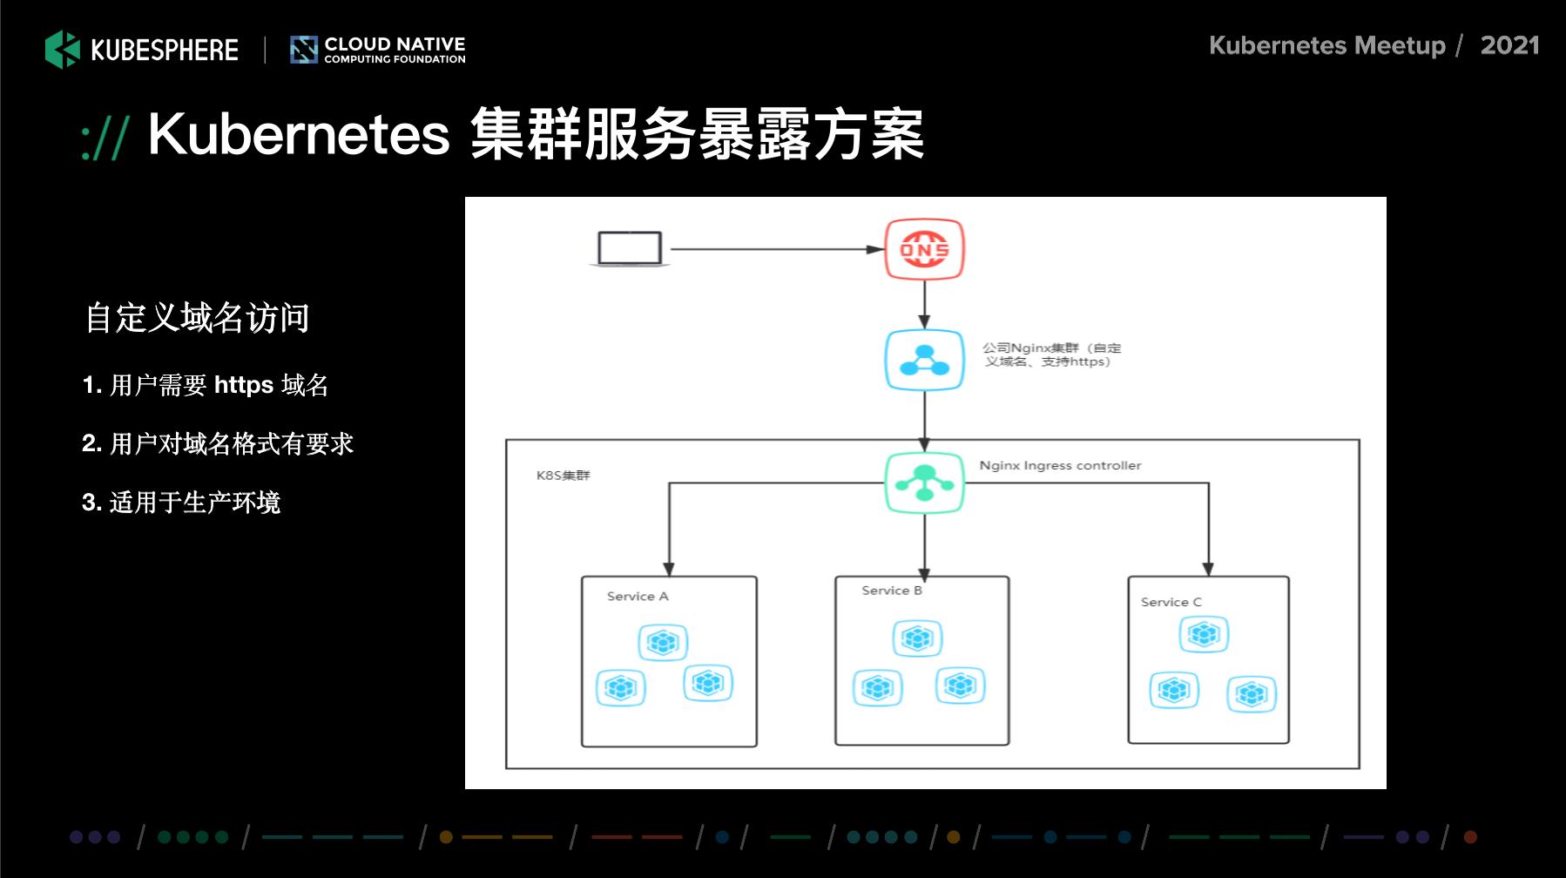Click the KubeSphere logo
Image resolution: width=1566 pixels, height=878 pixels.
click(x=142, y=50)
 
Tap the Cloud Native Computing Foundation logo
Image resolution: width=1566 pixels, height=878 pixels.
click(x=378, y=50)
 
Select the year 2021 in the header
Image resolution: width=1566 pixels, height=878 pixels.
click(x=1509, y=45)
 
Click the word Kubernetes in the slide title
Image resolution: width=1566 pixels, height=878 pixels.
click(x=299, y=135)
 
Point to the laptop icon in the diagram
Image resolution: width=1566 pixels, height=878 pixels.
click(x=630, y=249)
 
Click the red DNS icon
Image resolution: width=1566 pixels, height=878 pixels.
click(x=924, y=249)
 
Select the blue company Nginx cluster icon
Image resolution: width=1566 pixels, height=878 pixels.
click(x=924, y=360)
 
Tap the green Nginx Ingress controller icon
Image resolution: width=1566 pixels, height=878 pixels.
click(x=924, y=483)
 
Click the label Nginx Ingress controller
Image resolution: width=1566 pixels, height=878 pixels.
click(x=1060, y=465)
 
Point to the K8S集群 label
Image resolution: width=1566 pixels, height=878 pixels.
click(x=563, y=476)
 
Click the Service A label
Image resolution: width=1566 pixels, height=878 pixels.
click(x=638, y=597)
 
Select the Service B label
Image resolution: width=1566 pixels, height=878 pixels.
click(x=892, y=591)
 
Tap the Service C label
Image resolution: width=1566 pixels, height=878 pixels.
click(x=1171, y=602)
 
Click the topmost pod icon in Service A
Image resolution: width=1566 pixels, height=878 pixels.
click(x=663, y=643)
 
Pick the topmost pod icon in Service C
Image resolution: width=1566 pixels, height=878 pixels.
click(x=1204, y=634)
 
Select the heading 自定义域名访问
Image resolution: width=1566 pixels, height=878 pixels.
click(x=198, y=318)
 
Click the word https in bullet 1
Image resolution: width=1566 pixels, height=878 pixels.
click(x=244, y=385)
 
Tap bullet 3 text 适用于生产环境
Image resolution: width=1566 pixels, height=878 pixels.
click(x=194, y=503)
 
